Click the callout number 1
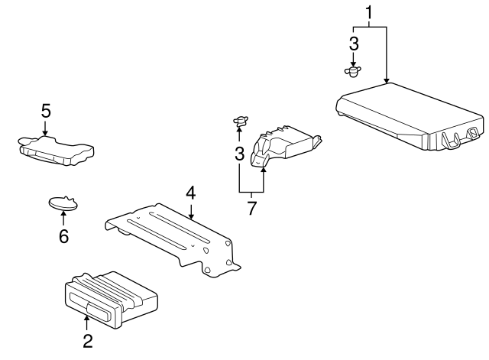pos(369,13)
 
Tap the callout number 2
pos(88,341)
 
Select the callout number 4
pos(190,193)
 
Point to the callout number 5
pos(46,111)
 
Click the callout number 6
pos(63,236)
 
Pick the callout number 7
pos(251,208)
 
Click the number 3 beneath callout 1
pos(354,44)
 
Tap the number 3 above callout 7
pos(239,154)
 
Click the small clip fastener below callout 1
pos(353,71)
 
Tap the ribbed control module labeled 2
pos(111,300)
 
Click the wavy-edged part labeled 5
pos(56,151)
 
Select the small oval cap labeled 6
pos(63,203)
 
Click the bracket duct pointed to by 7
pos(285,146)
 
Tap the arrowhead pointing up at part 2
pos(86,318)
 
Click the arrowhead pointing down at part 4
pos(191,216)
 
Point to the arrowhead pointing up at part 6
pos(63,213)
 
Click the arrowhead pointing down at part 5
pos(45,133)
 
